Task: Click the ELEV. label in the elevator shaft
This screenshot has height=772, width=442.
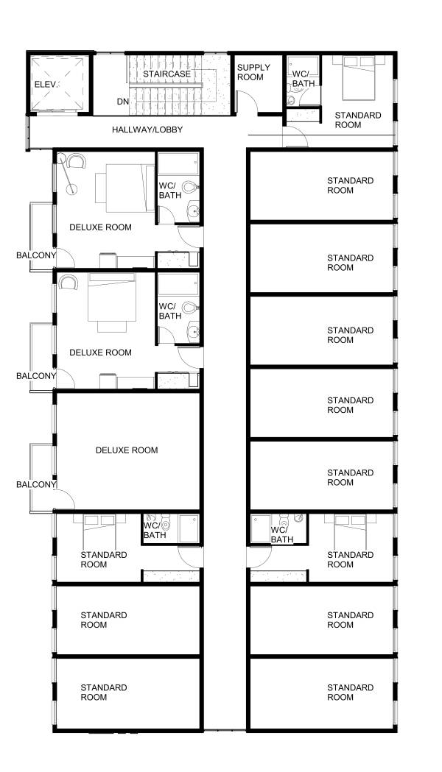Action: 46,85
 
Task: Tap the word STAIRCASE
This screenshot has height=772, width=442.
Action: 166,74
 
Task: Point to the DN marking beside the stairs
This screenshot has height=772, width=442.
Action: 123,102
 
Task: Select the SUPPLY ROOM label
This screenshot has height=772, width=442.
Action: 253,72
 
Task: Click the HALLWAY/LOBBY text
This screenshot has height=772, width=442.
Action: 147,130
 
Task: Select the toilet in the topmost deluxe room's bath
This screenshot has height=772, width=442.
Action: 190,187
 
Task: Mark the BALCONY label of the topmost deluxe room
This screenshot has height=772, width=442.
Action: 36,255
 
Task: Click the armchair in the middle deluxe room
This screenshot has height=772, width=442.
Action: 68,283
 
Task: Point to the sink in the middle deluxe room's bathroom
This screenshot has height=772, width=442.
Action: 193,331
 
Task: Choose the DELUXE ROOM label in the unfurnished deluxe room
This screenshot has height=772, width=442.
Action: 127,450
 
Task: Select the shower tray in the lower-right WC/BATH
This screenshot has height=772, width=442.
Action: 261,529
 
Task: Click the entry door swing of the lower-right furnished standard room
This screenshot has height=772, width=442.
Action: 259,556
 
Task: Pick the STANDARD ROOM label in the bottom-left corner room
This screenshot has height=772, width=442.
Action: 104,693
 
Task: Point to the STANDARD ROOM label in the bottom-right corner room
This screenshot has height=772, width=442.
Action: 351,693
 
